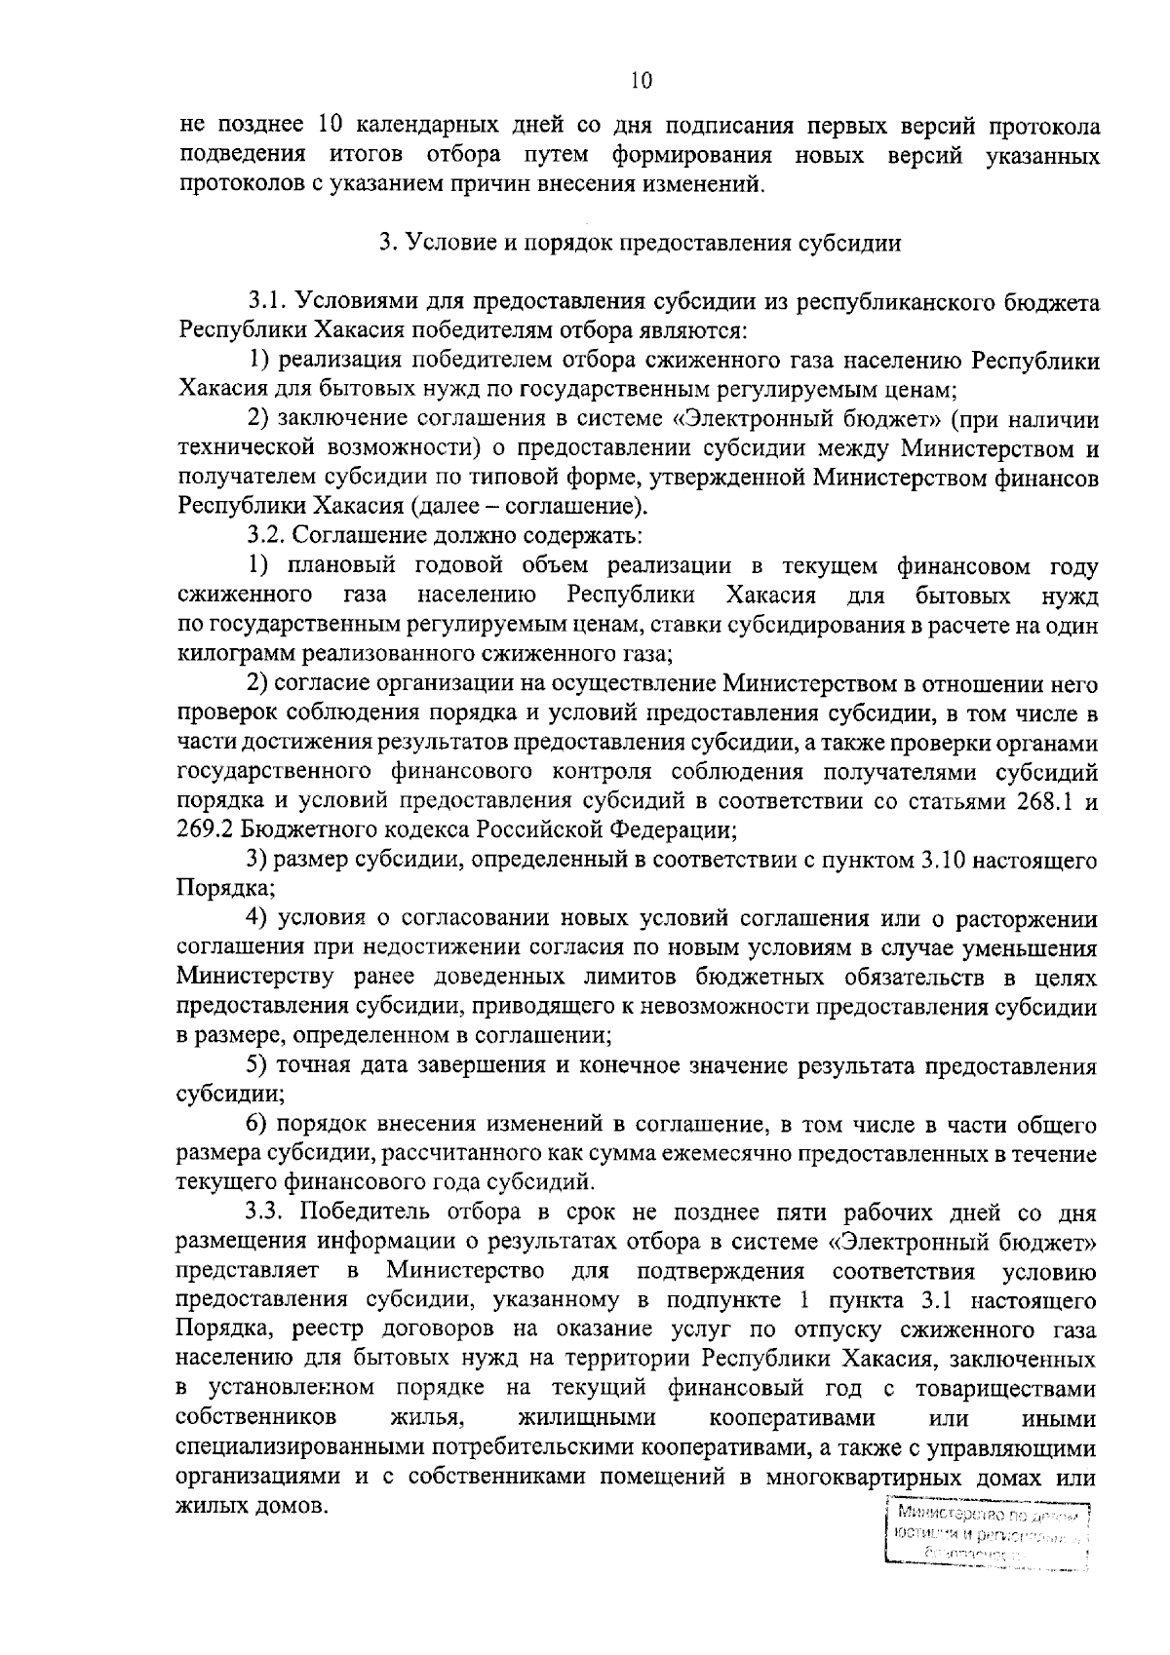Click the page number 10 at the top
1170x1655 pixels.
641,81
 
